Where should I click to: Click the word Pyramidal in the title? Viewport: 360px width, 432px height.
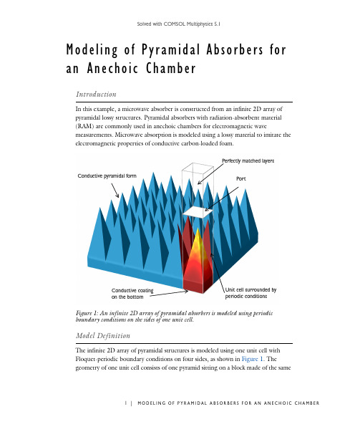point(170,50)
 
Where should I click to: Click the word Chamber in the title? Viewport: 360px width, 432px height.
point(170,68)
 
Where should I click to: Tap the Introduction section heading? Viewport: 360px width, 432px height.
point(96,95)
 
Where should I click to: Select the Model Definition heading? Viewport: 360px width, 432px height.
point(103,335)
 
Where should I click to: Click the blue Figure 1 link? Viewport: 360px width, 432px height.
point(252,359)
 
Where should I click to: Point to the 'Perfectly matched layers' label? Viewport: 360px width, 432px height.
point(248,161)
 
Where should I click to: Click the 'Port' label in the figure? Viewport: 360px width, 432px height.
point(240,179)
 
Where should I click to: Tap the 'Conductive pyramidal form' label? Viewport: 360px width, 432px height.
point(107,176)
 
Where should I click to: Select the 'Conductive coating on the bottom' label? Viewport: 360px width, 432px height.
point(132,294)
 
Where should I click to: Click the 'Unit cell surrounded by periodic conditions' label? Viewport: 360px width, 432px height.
point(250,293)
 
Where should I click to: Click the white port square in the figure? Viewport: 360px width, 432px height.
point(198,212)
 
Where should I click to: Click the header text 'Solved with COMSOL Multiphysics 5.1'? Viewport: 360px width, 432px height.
point(179,24)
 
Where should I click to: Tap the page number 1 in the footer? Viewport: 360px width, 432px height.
point(126,403)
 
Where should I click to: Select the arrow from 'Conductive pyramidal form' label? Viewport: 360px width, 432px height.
point(115,191)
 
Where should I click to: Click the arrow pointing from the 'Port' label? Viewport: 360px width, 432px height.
point(222,199)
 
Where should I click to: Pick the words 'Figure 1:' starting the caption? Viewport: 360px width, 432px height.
point(87,313)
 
